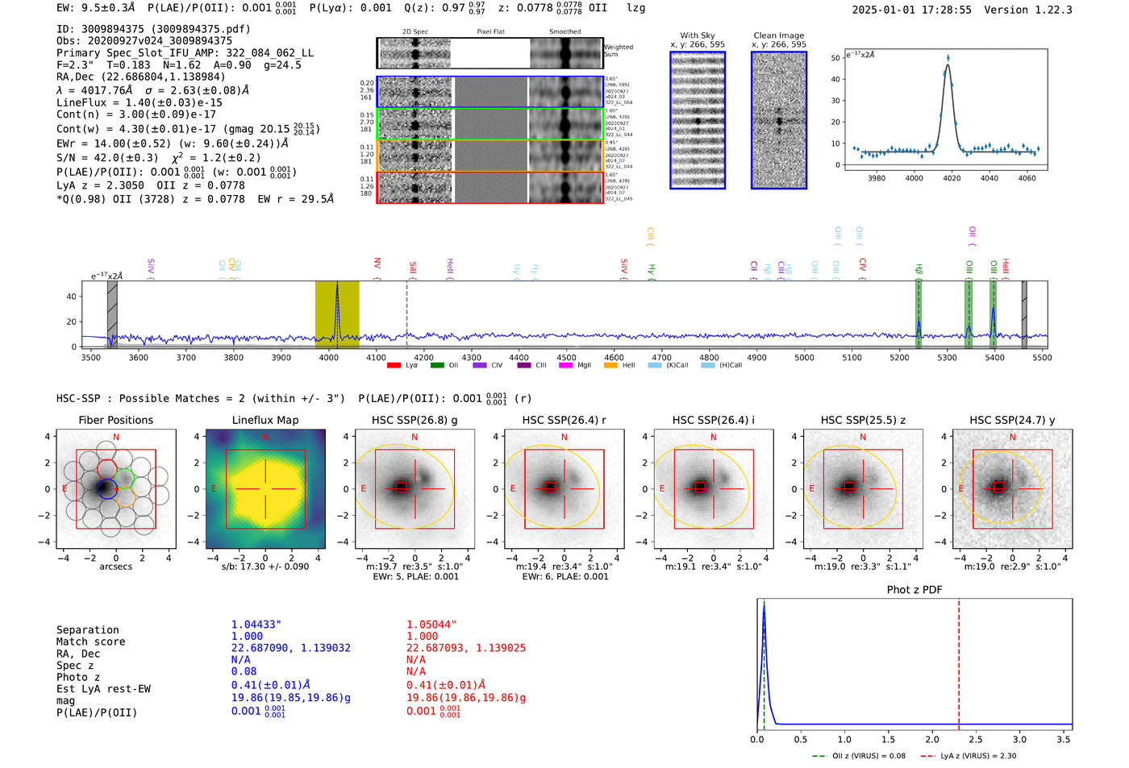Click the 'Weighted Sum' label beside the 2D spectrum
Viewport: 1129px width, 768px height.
(618, 50)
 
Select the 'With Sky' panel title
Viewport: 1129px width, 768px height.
(697, 35)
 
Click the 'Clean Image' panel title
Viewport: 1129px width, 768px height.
(778, 35)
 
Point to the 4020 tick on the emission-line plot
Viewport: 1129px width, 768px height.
(952, 178)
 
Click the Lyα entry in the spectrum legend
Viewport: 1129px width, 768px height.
(403, 365)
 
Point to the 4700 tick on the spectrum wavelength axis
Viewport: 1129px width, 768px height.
(661, 357)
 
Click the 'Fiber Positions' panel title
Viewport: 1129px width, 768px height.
(115, 420)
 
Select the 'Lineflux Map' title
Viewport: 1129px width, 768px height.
(265, 420)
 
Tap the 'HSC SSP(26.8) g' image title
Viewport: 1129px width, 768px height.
(414, 420)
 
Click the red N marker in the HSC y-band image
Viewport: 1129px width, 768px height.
(1012, 437)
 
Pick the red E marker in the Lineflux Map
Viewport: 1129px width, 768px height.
(214, 488)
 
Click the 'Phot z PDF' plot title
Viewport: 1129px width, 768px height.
(914, 589)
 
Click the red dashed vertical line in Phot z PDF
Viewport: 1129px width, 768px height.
(959, 661)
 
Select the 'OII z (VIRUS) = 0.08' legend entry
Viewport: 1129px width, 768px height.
(859, 756)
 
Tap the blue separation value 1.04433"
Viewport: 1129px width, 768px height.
(256, 625)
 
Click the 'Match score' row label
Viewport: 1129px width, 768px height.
(90, 641)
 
